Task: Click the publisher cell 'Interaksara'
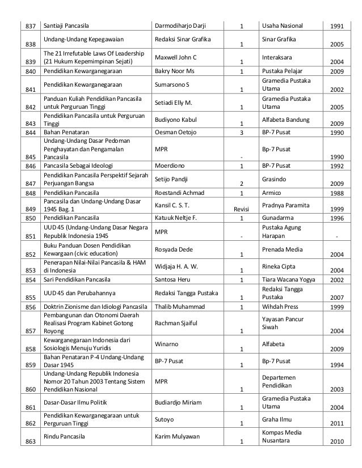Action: pos(279,57)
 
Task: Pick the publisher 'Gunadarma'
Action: pos(279,217)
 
